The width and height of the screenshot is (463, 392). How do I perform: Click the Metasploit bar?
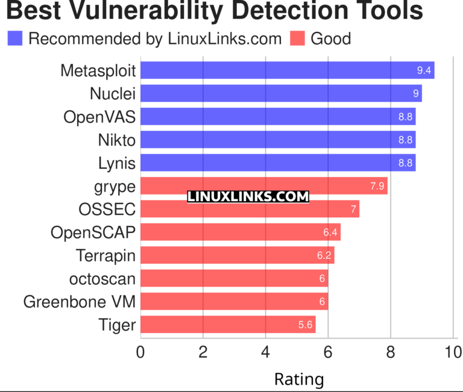pos(287,70)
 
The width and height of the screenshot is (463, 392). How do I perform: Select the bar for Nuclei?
pos(281,93)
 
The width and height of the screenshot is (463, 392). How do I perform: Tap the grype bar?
pos(264,186)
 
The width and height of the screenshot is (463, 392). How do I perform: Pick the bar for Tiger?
pos(228,325)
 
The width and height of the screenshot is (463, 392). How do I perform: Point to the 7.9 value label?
pos(377,186)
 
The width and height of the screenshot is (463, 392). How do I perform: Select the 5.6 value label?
pos(306,325)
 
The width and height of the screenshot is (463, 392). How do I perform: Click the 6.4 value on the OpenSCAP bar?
pos(331,232)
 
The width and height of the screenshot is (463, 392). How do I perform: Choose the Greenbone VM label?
pos(80,302)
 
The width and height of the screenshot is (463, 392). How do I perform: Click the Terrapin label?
pos(106,255)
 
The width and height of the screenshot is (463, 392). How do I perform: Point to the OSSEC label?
pos(107,210)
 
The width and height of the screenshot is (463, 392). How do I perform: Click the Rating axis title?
pos(298,379)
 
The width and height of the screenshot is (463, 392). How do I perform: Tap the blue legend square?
pos(14,39)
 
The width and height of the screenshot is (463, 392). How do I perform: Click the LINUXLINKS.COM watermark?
pos(248,197)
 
